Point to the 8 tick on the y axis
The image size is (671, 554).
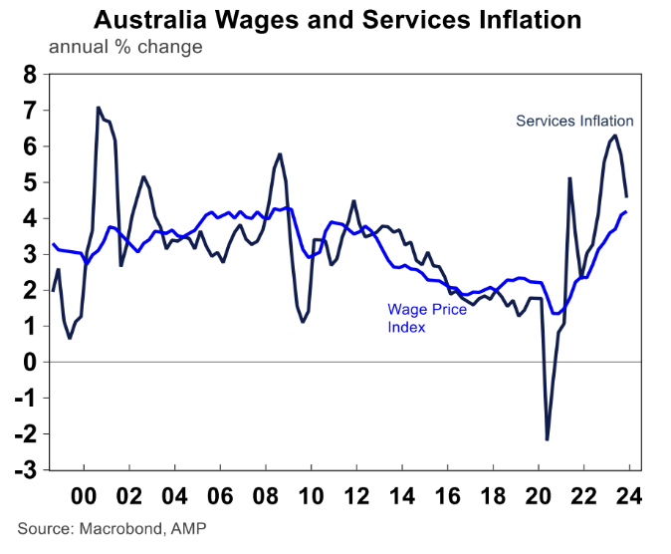click(x=28, y=75)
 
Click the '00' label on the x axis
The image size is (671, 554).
click(x=85, y=495)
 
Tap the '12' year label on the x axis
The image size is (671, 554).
click(x=355, y=495)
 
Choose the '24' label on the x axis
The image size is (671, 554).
click(x=627, y=495)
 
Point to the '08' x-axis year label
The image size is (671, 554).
click(x=266, y=495)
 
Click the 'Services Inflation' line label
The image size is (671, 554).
click(x=574, y=122)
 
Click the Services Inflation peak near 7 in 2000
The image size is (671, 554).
click(x=98, y=108)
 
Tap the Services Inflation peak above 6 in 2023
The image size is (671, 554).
click(x=614, y=136)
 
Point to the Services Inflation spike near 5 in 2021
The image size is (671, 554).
click(x=569, y=178)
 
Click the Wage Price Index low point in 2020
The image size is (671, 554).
click(x=555, y=314)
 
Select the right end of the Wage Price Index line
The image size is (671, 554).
click(x=625, y=212)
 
